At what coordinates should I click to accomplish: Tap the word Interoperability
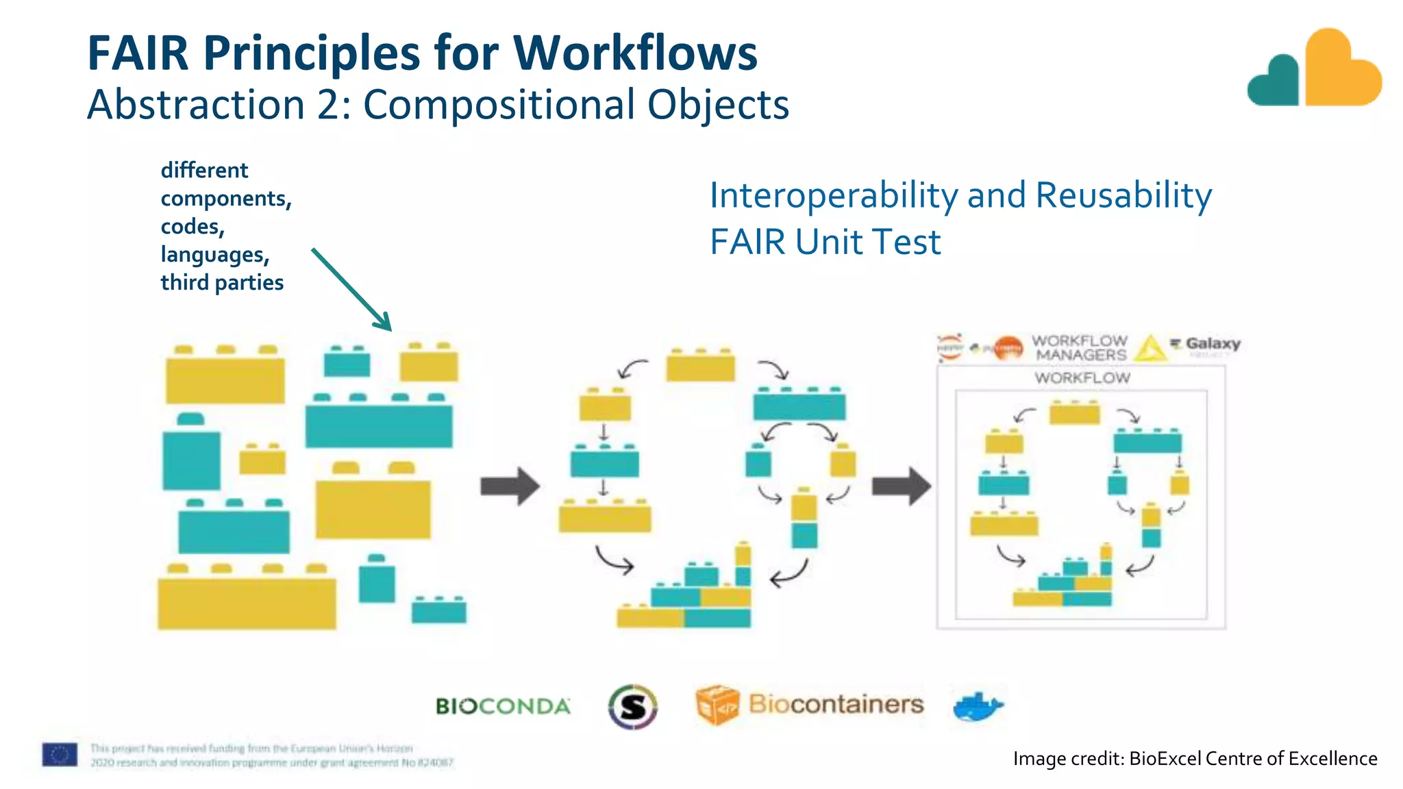click(833, 196)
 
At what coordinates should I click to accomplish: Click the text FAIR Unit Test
click(825, 242)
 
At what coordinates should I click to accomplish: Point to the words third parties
click(222, 282)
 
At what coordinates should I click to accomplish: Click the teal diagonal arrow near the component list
click(351, 290)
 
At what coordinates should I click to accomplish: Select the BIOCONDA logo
click(503, 706)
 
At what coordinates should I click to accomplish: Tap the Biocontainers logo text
click(836, 704)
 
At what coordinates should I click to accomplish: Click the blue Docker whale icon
click(978, 706)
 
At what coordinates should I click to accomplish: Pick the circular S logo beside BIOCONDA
click(632, 706)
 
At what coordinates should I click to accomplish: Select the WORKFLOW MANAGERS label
click(1080, 348)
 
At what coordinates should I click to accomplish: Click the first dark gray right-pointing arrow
click(510, 486)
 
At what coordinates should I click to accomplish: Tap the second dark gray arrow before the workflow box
click(901, 486)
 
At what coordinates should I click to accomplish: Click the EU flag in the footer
click(60, 755)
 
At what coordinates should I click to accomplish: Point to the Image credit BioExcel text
click(1195, 759)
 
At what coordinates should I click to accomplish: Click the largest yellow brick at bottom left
click(247, 603)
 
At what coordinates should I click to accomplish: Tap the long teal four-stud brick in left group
click(379, 425)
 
